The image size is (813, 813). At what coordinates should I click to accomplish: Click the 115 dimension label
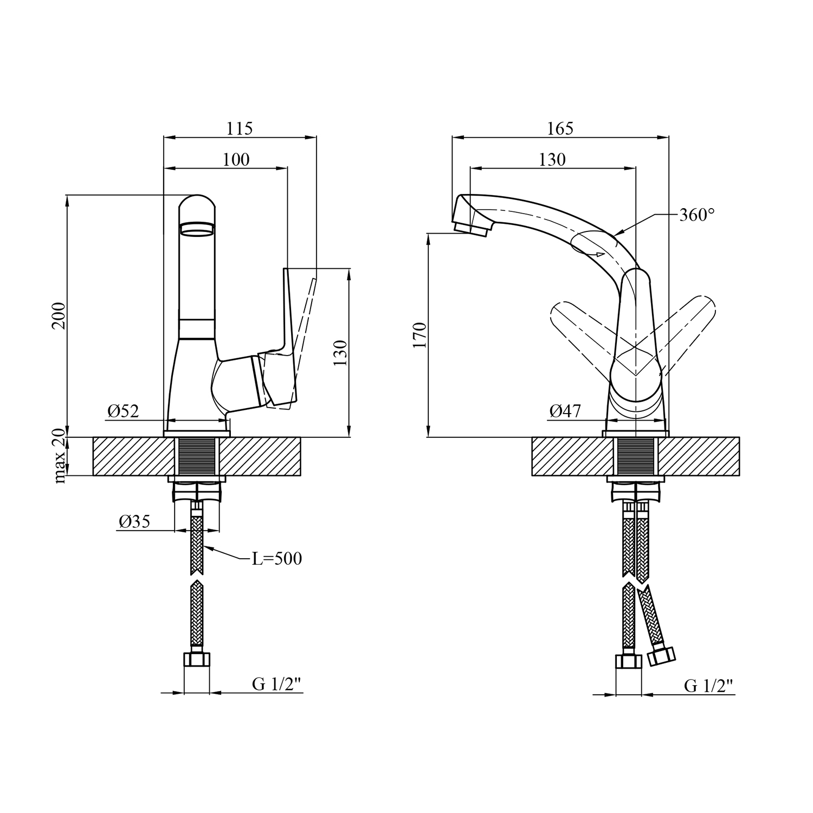pyautogui.click(x=240, y=128)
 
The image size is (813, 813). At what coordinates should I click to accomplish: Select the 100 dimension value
pyautogui.click(x=236, y=159)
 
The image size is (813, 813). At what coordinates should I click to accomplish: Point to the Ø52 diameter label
pyautogui.click(x=123, y=411)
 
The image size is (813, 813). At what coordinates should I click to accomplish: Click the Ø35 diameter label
pyautogui.click(x=134, y=522)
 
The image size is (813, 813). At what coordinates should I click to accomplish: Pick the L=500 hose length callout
pyautogui.click(x=276, y=558)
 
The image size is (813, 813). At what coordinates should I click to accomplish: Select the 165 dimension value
pyautogui.click(x=560, y=128)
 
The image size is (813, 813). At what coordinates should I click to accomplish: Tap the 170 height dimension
pyautogui.click(x=420, y=335)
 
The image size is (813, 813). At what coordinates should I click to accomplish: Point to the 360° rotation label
pyautogui.click(x=697, y=215)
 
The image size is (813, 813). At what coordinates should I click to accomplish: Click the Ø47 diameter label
pyautogui.click(x=565, y=411)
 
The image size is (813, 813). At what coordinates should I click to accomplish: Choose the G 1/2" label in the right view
pyautogui.click(x=708, y=686)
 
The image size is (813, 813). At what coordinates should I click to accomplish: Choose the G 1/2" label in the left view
pyautogui.click(x=276, y=685)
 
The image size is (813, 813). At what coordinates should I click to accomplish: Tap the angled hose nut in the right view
pyautogui.click(x=661, y=656)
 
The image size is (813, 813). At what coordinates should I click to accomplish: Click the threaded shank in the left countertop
pyautogui.click(x=197, y=456)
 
